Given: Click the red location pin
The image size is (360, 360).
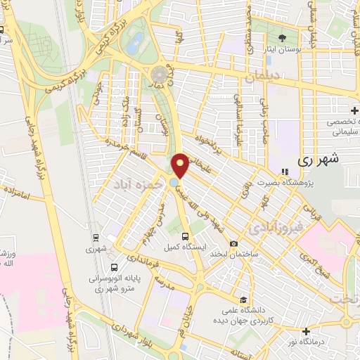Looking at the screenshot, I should pyautogui.click(x=180, y=165).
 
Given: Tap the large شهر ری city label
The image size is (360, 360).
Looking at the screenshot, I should pyautogui.click(x=318, y=159).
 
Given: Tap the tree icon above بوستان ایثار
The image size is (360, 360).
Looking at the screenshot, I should pyautogui.click(x=283, y=38).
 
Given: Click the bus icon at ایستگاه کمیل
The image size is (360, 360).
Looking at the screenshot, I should pyautogui.click(x=185, y=236).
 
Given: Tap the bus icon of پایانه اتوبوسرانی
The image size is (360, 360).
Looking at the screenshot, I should pyautogui.click(x=115, y=268).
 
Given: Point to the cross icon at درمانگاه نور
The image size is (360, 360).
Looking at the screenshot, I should pyautogui.click(x=305, y=331).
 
